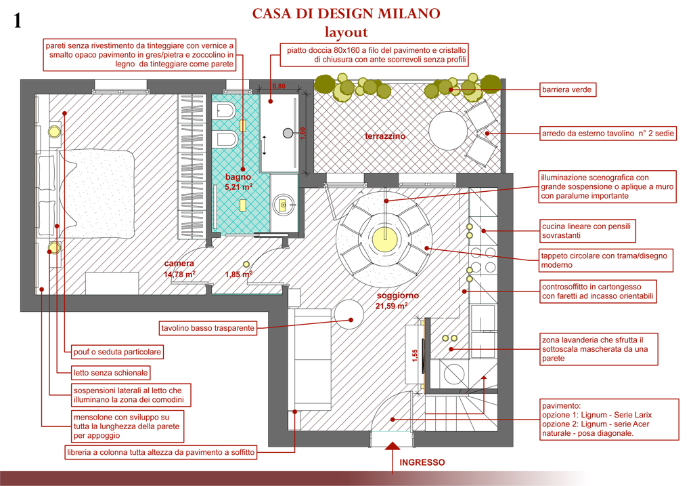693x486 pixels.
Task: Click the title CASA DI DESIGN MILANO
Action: tap(346, 14)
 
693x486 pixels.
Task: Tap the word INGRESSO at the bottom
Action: tap(422, 462)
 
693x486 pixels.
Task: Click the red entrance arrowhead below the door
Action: tap(393, 446)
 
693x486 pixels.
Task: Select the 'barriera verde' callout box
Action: tap(567, 90)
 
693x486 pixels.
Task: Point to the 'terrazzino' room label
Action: tap(385, 136)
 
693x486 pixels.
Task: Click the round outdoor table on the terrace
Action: tap(448, 131)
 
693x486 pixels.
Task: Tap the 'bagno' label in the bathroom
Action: tap(238, 177)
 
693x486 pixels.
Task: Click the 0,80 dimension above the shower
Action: tap(279, 86)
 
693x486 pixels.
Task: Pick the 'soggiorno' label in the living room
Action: tap(398, 296)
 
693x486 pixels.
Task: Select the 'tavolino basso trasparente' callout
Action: tap(208, 328)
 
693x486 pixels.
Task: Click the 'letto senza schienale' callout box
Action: tap(110, 373)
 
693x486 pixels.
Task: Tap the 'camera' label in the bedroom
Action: tap(179, 264)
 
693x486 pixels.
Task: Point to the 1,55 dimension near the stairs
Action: tap(415, 355)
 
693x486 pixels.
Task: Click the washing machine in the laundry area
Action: tap(454, 375)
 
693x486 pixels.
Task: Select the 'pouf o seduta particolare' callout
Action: tap(117, 352)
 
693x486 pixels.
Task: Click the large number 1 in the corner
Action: tap(17, 20)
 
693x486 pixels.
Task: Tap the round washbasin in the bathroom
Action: tap(282, 205)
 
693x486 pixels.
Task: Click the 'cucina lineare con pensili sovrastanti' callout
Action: tap(587, 230)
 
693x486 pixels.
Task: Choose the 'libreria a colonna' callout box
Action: tap(161, 452)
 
